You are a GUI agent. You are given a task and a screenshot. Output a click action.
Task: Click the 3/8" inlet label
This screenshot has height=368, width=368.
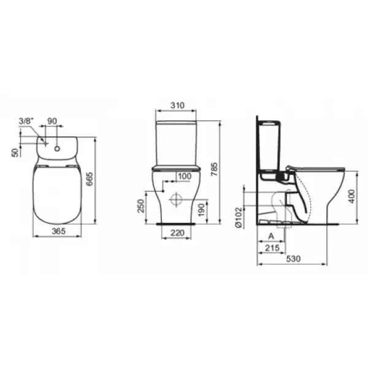pyautogui.click(x=26, y=121)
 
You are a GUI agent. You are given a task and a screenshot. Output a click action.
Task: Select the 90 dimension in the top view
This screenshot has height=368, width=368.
pyautogui.click(x=52, y=121)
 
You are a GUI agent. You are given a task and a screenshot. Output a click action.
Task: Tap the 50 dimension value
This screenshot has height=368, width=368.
pyautogui.click(x=15, y=153)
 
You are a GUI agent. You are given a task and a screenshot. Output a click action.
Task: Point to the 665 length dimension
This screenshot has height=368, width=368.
pyautogui.click(x=90, y=179)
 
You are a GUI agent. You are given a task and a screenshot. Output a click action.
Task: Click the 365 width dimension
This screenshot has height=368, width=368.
pyautogui.click(x=59, y=231)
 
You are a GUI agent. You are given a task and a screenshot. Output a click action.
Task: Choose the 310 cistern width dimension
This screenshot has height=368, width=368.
pyautogui.click(x=177, y=105)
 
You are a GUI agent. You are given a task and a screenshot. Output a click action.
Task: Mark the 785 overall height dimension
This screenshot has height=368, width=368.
pyautogui.click(x=214, y=169)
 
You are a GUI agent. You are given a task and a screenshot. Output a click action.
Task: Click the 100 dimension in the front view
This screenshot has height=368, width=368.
pyautogui.click(x=185, y=176)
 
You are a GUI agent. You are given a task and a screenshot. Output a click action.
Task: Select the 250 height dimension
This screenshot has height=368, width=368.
pyautogui.click(x=140, y=206)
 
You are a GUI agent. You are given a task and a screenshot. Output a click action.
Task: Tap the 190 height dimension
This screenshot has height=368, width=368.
pyautogui.click(x=201, y=210)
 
